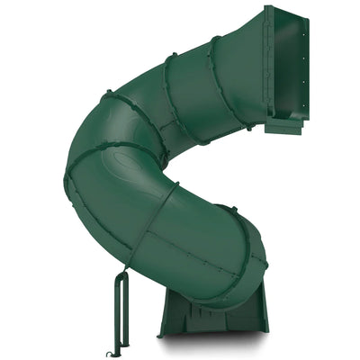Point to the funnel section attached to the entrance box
click(x=243, y=72)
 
